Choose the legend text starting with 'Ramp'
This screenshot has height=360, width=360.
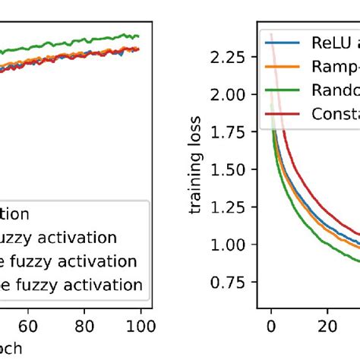tap(334, 67)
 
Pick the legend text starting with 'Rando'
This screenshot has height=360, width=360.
tap(334, 90)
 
